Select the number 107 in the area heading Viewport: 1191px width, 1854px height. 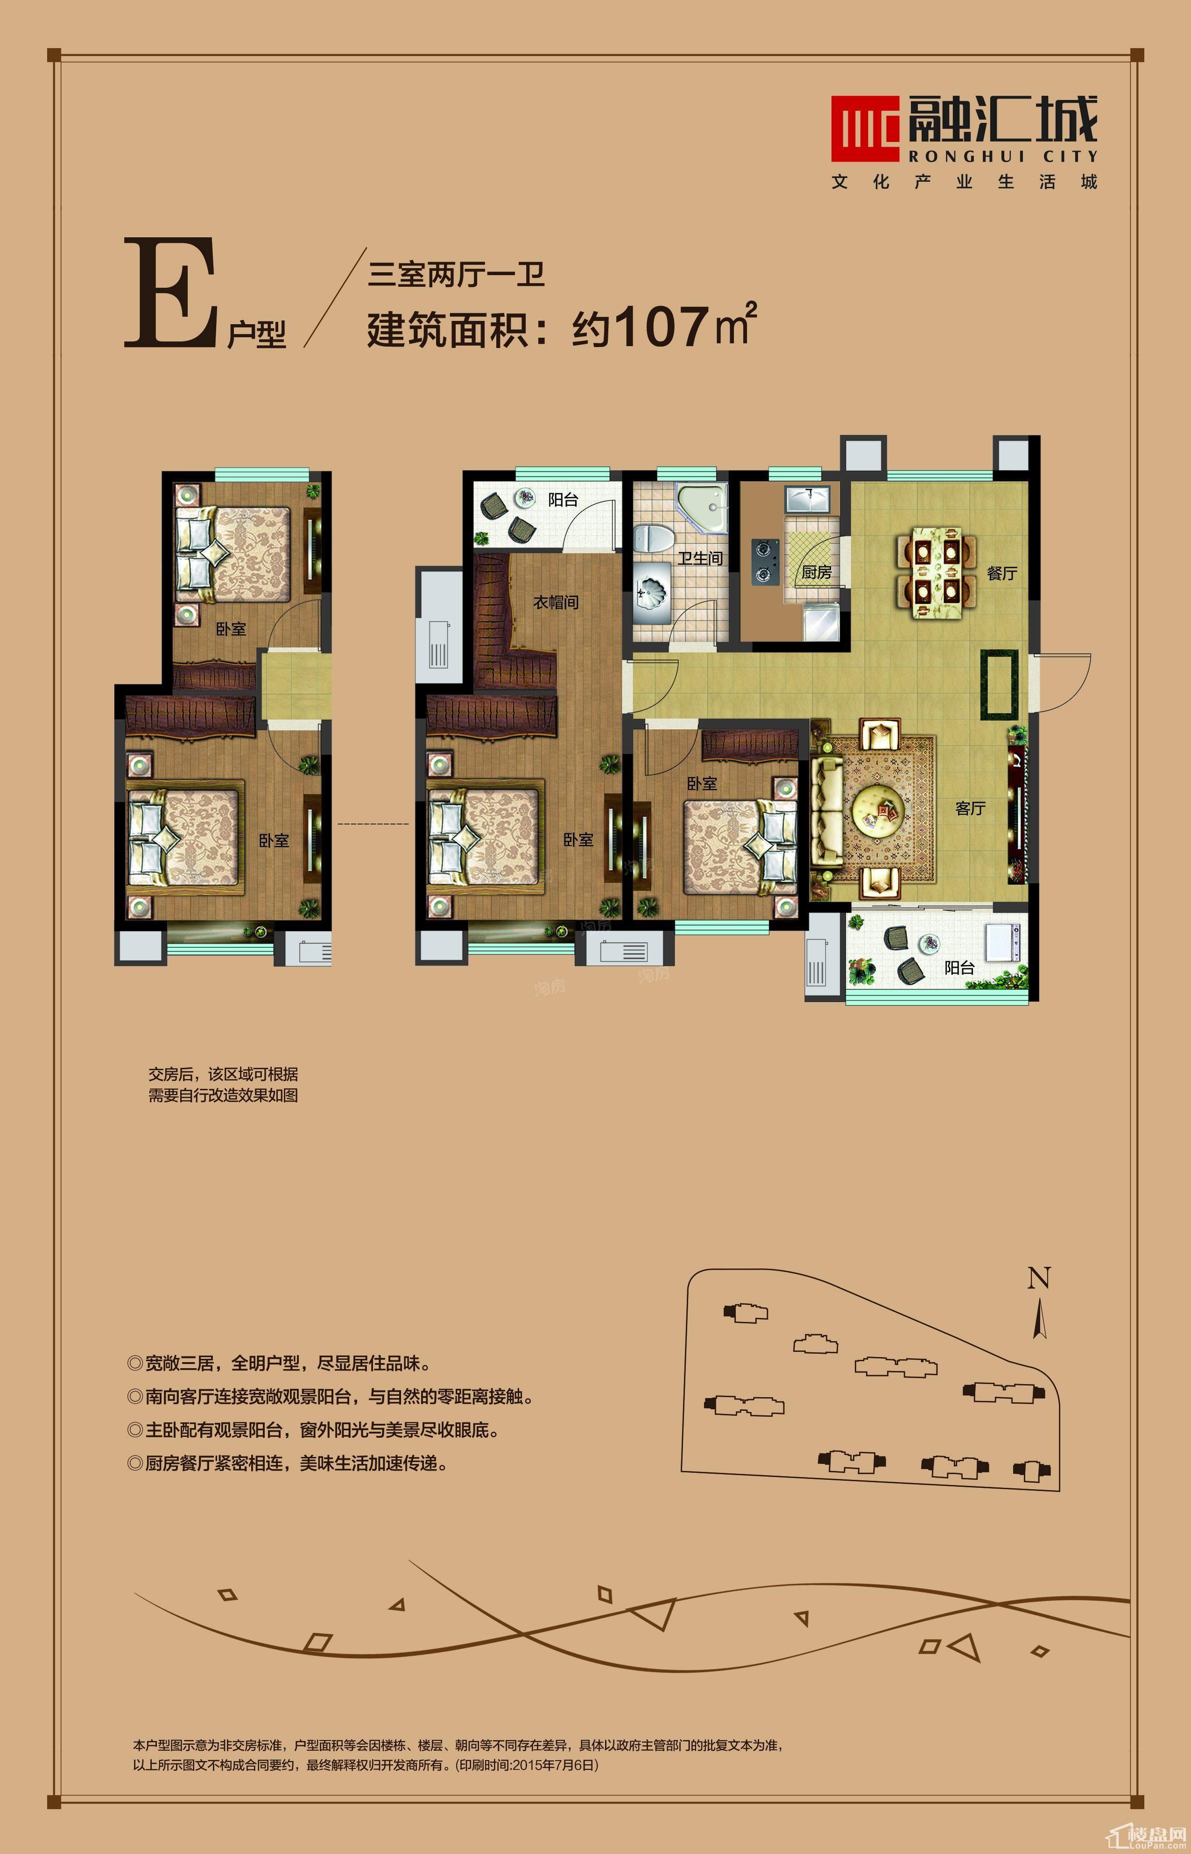(663, 327)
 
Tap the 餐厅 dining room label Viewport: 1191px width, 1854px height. (1001, 573)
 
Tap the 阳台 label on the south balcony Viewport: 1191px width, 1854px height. (959, 967)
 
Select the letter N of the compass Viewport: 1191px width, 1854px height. (1039, 1279)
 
